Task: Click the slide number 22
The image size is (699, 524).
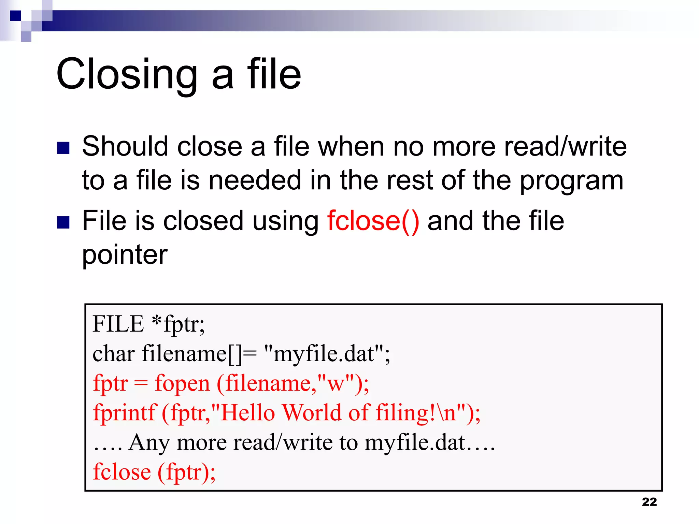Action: (x=649, y=502)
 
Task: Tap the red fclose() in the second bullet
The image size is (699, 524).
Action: (x=373, y=221)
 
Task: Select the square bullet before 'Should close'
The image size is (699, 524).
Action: (x=63, y=148)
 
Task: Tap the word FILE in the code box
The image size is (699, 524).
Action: (x=118, y=324)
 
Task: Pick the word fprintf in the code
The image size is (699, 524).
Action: (x=125, y=413)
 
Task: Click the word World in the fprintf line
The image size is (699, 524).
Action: (x=312, y=413)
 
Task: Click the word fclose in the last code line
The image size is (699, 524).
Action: (x=122, y=472)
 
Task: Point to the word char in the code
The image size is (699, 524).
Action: (x=113, y=354)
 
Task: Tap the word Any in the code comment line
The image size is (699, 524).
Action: (x=149, y=443)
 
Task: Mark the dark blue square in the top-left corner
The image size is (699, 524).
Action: (x=16, y=16)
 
